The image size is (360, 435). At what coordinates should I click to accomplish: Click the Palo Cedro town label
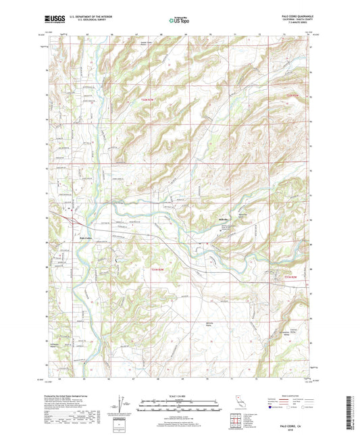pyautogui.click(x=80, y=237)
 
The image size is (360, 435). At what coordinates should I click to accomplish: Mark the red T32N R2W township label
pyautogui.click(x=291, y=97)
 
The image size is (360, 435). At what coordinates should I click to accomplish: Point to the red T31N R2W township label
pyautogui.click(x=289, y=278)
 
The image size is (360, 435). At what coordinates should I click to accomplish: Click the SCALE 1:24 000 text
pyautogui.click(x=179, y=395)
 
